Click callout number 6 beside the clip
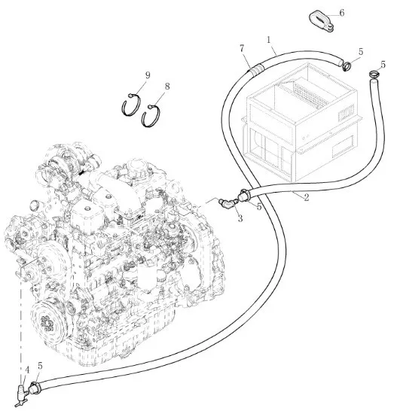click(342, 13)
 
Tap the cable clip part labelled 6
click(321, 22)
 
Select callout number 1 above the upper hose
click(269, 39)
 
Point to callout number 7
click(242, 48)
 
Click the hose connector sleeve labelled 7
click(255, 68)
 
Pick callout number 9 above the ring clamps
click(148, 75)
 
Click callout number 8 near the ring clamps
click(167, 87)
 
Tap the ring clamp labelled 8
click(151, 116)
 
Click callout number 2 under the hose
click(307, 197)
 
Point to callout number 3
click(240, 218)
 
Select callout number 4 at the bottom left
click(27, 370)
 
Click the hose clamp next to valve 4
click(35, 388)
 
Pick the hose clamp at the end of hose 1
click(347, 66)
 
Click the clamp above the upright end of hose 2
click(374, 74)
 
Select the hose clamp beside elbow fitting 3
click(244, 195)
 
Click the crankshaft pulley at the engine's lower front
click(49, 321)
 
